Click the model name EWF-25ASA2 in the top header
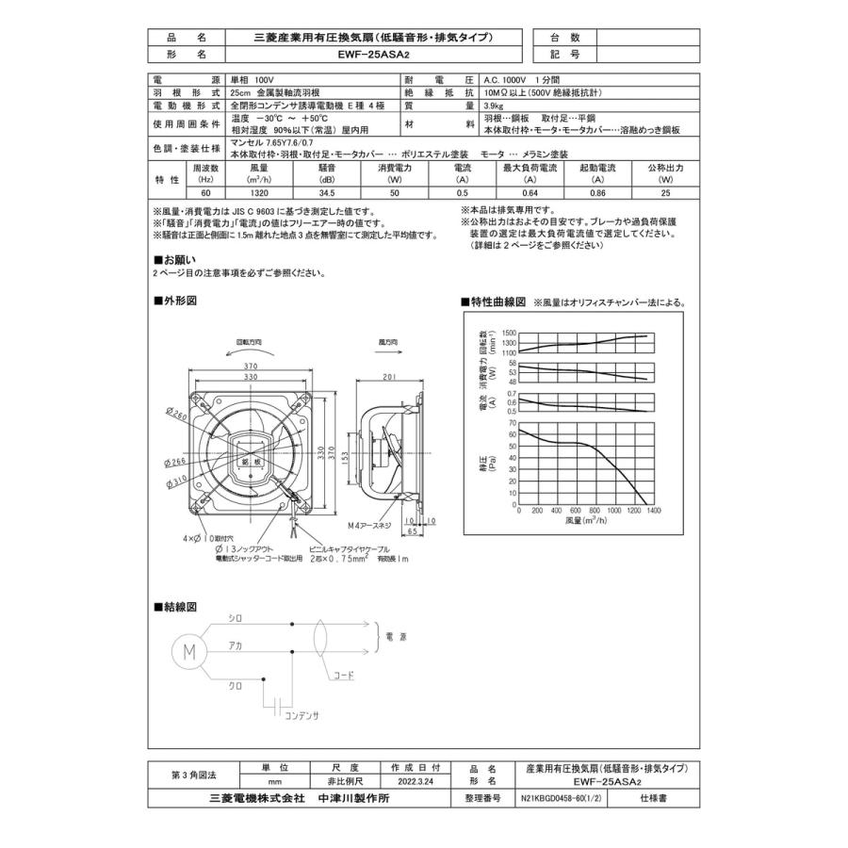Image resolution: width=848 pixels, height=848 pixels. [375, 55]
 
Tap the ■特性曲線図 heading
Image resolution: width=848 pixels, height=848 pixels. [493, 302]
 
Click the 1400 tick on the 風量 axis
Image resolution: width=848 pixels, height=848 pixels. [651, 510]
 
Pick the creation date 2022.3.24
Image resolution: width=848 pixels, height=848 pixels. [416, 781]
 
